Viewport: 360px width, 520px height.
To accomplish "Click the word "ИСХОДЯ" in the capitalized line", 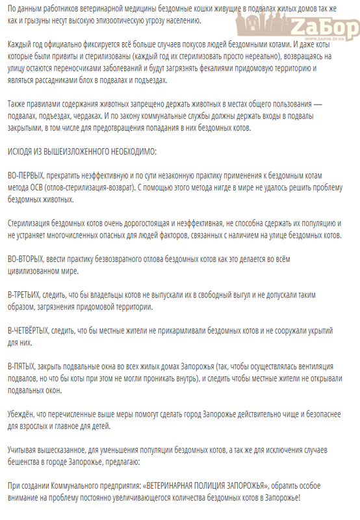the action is pos(24,152).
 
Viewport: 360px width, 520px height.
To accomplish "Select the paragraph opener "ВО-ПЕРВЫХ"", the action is pos(30,176).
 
